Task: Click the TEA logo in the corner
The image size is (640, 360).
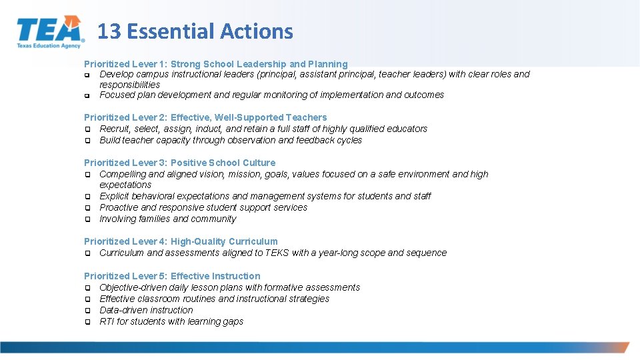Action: (51, 32)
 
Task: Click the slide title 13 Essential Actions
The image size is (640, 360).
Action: (195, 31)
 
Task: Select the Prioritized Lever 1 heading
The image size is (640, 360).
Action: (215, 64)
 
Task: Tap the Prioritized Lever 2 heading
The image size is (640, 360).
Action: (205, 117)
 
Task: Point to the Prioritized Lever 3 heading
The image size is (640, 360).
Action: (179, 163)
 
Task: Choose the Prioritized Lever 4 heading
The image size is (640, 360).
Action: (181, 241)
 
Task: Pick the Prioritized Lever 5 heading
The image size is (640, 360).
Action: (172, 276)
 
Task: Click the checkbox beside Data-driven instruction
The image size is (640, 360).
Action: (87, 311)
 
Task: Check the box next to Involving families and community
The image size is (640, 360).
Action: (87, 219)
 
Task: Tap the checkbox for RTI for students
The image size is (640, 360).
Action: (87, 322)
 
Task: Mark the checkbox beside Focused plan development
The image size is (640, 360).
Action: (87, 95)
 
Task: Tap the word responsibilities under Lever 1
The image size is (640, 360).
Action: (129, 85)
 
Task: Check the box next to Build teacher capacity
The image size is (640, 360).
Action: (87, 141)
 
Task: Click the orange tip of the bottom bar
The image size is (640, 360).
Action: (621, 347)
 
